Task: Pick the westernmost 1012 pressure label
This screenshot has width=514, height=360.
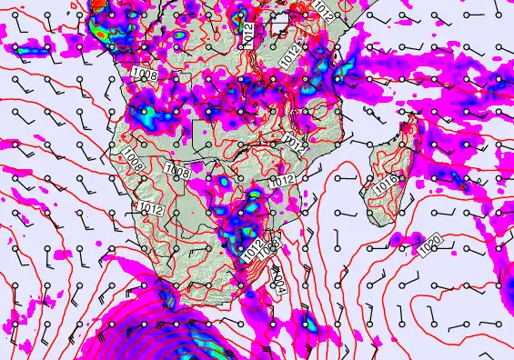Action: point(152,210)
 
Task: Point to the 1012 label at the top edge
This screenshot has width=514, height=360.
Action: point(324,8)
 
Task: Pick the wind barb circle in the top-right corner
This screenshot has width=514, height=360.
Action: point(499,14)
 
